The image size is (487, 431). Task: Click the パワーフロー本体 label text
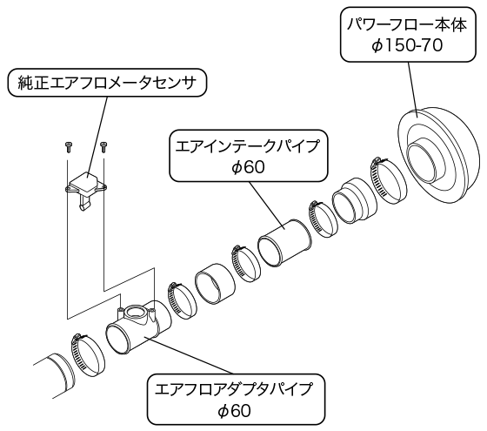click(407, 25)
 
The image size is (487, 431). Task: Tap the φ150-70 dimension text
click(407, 46)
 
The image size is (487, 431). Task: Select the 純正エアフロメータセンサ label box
click(106, 83)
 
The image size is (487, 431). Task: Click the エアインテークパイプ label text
click(248, 146)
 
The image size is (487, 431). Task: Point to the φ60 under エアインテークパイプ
click(248, 167)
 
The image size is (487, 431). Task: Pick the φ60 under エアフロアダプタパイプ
click(234, 410)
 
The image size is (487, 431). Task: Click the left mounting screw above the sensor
click(68, 146)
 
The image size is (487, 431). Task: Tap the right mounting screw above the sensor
click(103, 147)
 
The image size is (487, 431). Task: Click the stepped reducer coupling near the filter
click(355, 200)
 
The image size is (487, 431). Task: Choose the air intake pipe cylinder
click(284, 244)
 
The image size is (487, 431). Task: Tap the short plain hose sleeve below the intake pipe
click(214, 284)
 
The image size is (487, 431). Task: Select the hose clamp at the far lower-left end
click(88, 355)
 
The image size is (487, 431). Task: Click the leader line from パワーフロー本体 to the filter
click(412, 90)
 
